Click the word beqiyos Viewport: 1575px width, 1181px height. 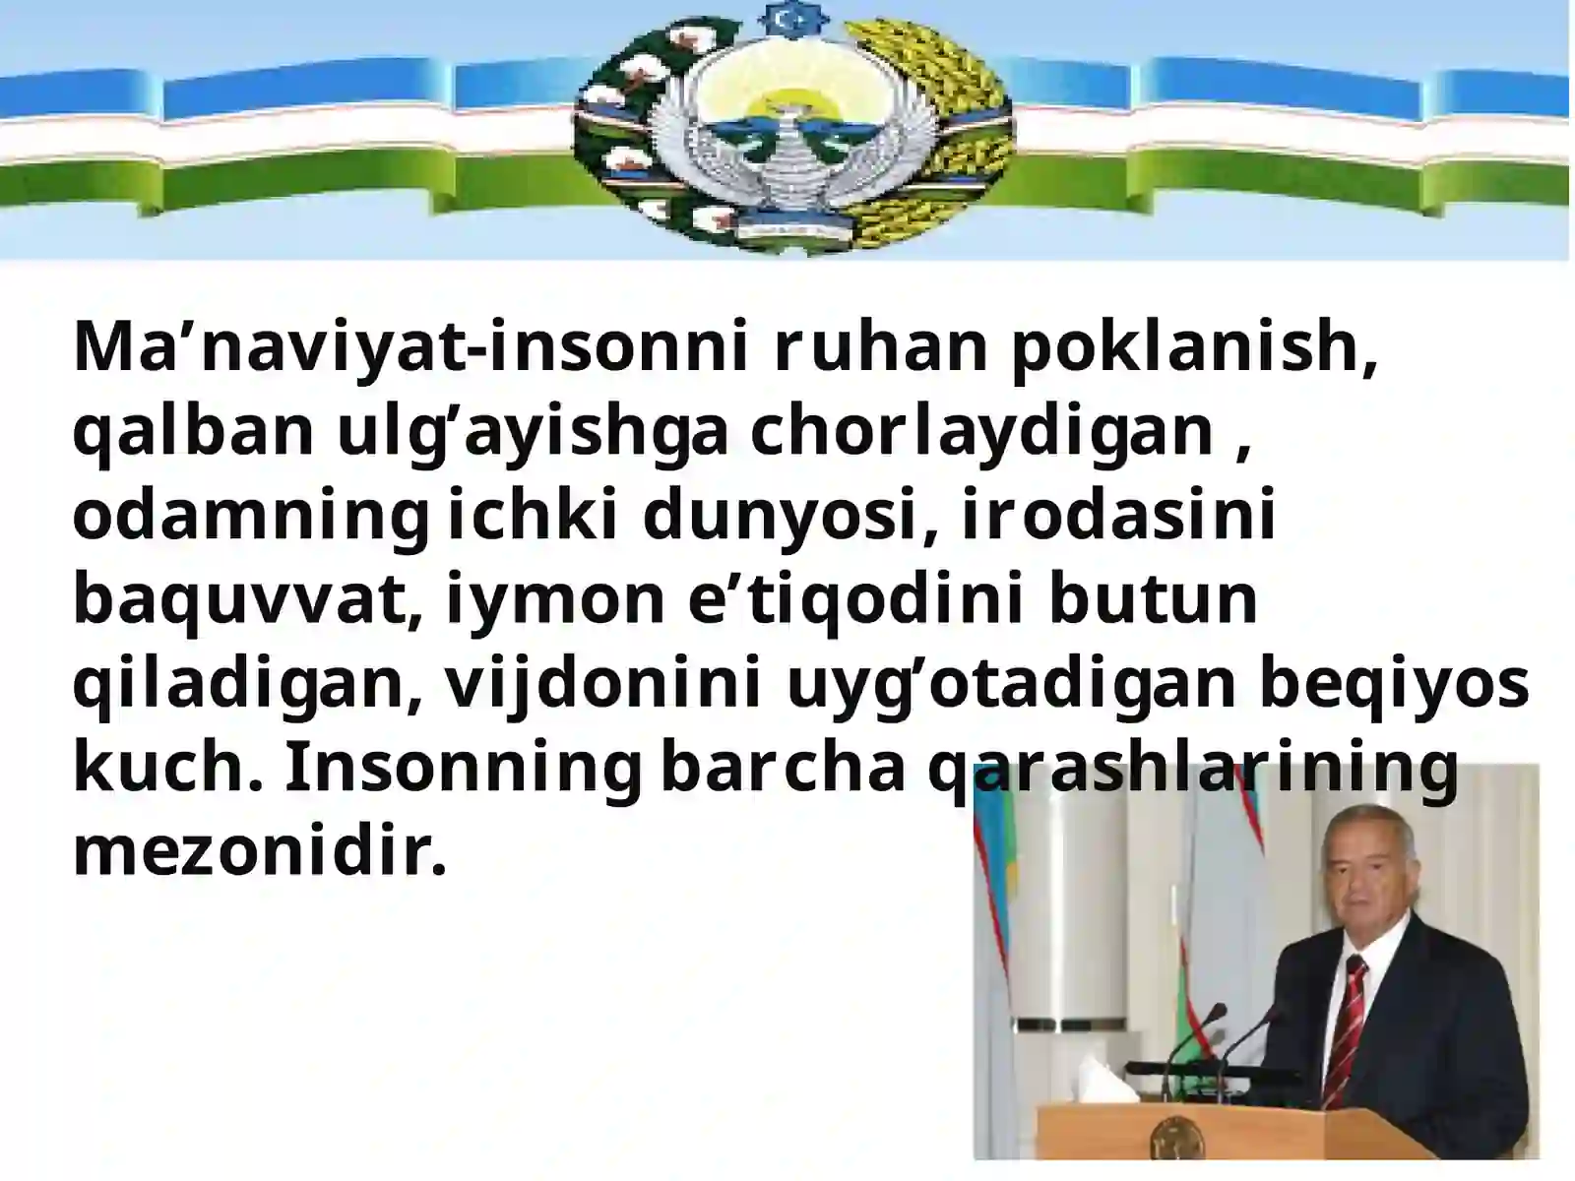(x=1394, y=685)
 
